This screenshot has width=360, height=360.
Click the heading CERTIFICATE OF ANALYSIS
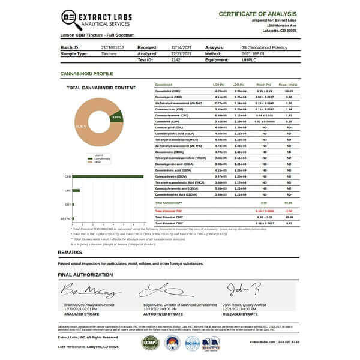(x=259, y=13)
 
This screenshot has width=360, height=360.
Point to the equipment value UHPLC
(x=248, y=59)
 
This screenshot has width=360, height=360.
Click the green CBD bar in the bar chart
(x=108, y=176)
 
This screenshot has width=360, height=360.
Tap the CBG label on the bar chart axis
(x=68, y=191)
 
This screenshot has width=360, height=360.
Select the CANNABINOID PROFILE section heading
(x=86, y=73)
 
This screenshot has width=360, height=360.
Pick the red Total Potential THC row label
(x=169, y=211)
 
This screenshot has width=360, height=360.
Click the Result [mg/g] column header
(x=288, y=85)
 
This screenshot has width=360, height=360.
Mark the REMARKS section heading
(x=70, y=252)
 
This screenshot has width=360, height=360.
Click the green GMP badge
(x=149, y=343)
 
